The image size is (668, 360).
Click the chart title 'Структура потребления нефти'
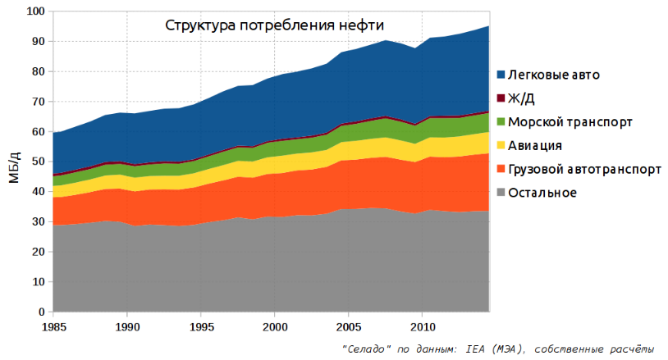coord(274,25)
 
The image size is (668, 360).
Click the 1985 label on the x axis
coord(53,326)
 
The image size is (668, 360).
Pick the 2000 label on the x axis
coord(274,326)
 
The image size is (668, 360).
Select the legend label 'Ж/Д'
coord(523,98)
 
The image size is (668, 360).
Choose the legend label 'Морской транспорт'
coord(570,122)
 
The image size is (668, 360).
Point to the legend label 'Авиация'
coord(535,146)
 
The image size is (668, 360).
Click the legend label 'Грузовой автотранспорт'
coord(584,170)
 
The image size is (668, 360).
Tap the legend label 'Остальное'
coord(542,194)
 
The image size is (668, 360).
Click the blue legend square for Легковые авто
coord(501,75)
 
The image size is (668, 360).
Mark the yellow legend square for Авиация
coord(501,146)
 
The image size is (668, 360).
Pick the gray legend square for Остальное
coord(501,194)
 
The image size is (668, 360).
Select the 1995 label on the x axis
coord(200,326)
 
